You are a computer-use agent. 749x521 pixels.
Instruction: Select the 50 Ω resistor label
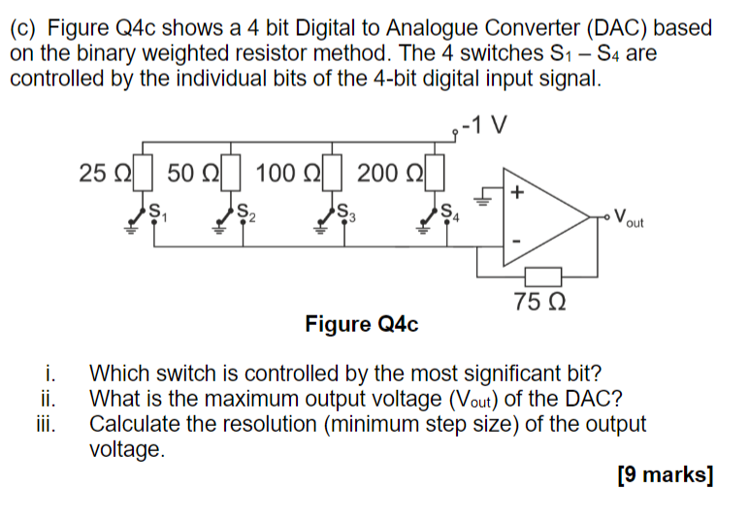189,174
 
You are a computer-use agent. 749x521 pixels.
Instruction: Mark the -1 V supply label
486,126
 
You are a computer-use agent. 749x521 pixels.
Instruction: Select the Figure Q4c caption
361,324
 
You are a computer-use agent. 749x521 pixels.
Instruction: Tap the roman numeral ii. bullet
51,399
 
